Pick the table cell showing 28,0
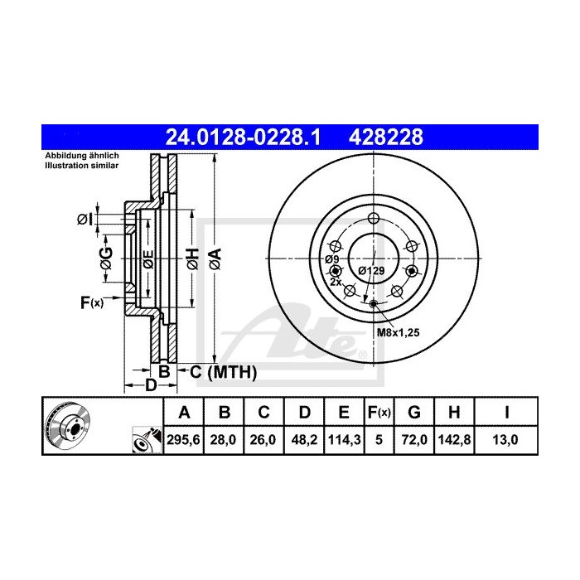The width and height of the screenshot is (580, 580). pyautogui.click(x=224, y=442)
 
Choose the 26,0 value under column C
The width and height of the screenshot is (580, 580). pyautogui.click(x=262, y=442)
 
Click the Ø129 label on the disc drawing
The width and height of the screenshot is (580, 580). pyautogui.click(x=371, y=271)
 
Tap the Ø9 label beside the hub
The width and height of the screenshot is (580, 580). pyautogui.click(x=331, y=259)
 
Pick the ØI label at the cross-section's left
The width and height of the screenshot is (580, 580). pyautogui.click(x=84, y=219)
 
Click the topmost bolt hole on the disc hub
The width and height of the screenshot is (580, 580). pyautogui.click(x=373, y=218)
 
